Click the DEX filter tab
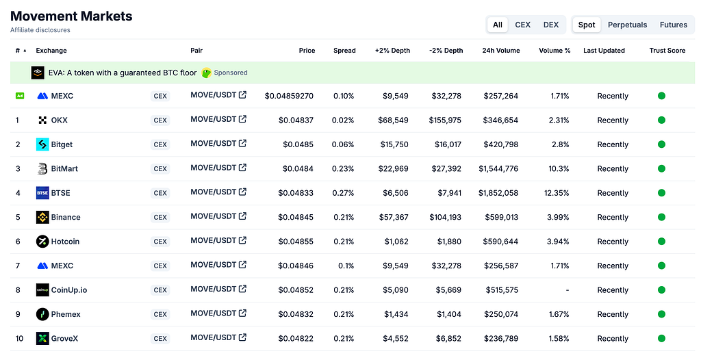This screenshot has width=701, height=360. [551, 25]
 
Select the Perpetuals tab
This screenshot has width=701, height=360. [627, 25]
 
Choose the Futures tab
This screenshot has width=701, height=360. [674, 25]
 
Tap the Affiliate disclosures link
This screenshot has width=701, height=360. [40, 30]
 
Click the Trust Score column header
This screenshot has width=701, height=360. [667, 51]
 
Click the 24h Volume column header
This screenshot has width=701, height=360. [500, 51]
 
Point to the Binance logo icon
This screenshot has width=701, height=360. [42, 218]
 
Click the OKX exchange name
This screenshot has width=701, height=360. [59, 120]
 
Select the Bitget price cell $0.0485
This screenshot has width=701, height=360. [298, 144]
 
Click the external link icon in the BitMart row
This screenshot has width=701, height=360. [242, 168]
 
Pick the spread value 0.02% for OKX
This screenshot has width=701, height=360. [343, 120]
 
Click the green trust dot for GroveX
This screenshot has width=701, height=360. [661, 339]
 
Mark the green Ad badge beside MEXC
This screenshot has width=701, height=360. [20, 96]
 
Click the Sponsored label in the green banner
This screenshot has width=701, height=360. [231, 73]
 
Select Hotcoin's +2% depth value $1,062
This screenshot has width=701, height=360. [396, 242]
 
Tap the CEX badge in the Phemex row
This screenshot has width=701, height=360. [160, 314]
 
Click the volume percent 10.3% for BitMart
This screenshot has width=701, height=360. [559, 168]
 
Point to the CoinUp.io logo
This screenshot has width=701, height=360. [42, 290]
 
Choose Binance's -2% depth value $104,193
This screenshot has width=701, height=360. [445, 218]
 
